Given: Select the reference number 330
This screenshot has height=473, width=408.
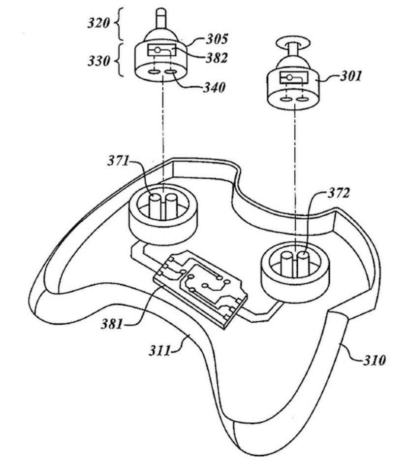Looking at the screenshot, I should (99, 62).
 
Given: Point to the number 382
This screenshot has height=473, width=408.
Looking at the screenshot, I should (217, 58).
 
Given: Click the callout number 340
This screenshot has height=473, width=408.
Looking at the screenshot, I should (214, 88).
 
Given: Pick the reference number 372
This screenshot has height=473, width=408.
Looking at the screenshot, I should (339, 194).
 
